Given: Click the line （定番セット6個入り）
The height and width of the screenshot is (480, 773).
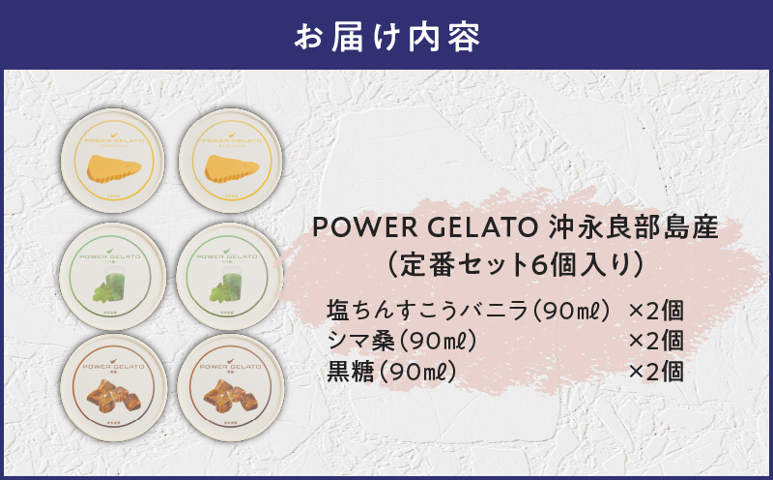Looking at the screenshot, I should tap(515, 262).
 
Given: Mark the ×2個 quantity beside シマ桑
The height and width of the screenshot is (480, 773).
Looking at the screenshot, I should tap(656, 341).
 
